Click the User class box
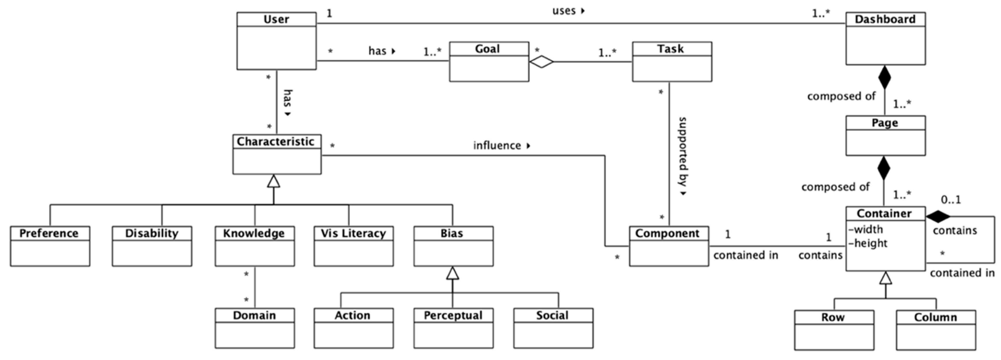tap(276, 41)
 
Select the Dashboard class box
tap(885, 38)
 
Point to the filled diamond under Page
tap(884, 168)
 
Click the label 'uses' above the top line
tap(564, 11)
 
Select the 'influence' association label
tap(497, 145)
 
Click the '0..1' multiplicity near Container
tap(951, 200)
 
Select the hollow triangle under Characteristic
tap(273, 181)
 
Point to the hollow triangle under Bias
tap(452, 273)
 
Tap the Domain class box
tap(254, 328)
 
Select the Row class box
tap(834, 330)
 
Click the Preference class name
tap(49, 233)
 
